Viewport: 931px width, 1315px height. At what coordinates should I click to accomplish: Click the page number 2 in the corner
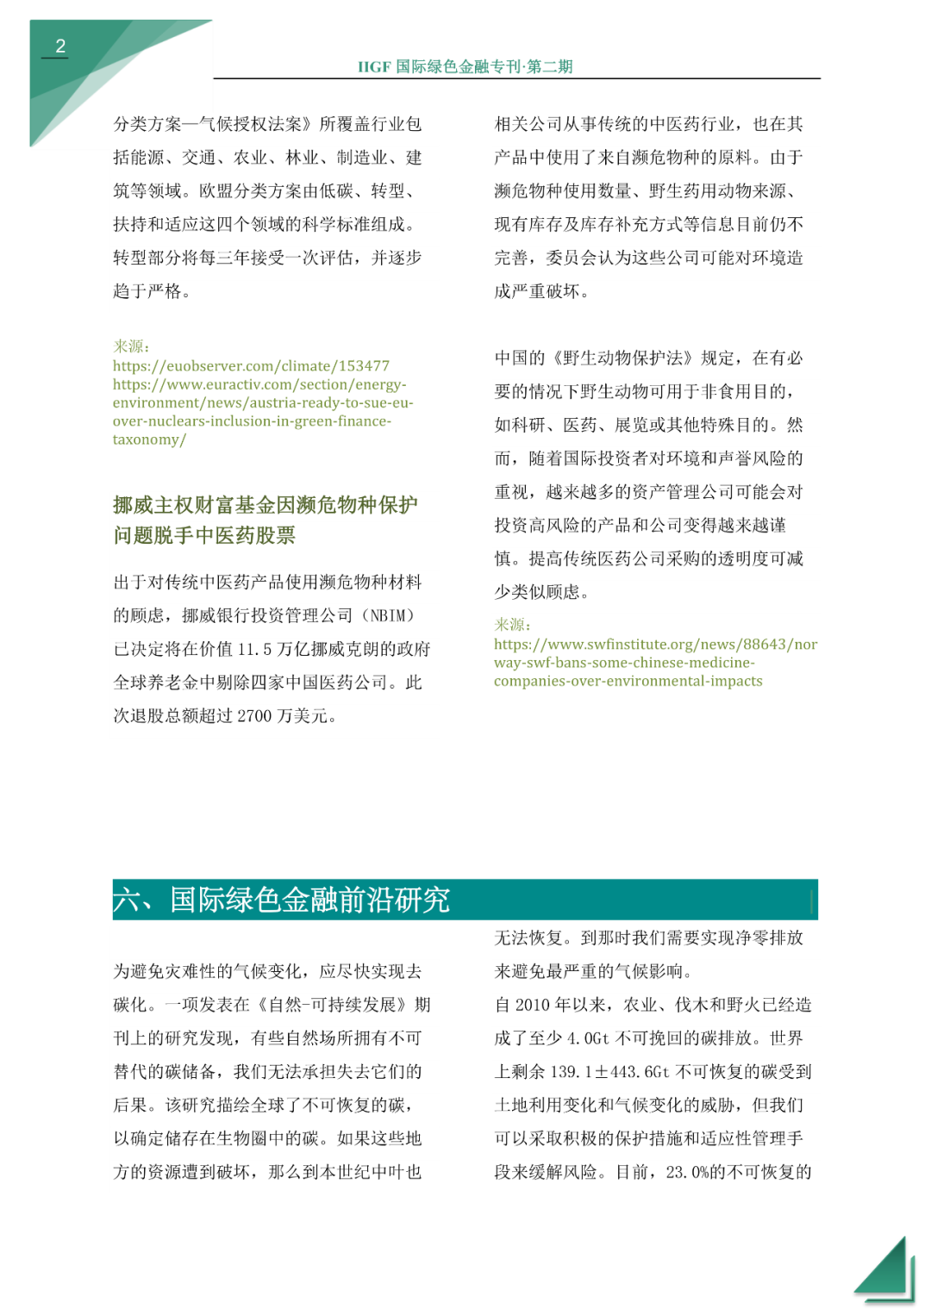tap(60, 47)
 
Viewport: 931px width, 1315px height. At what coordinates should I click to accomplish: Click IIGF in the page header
tap(374, 67)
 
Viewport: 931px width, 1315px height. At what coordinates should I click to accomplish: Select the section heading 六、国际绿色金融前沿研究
tap(281, 900)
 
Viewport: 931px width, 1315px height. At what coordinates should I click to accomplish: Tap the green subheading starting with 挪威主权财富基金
tap(265, 520)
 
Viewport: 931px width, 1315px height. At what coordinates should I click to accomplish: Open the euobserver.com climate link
tap(251, 366)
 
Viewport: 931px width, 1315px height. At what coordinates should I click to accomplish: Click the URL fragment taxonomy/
tap(149, 439)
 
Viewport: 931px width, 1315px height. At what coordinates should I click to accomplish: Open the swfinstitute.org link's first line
tap(655, 645)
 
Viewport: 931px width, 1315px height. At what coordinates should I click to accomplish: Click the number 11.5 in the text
tap(255, 649)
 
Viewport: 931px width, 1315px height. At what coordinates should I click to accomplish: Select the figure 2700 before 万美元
tap(255, 716)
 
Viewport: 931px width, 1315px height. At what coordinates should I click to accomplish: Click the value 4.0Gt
tap(588, 1038)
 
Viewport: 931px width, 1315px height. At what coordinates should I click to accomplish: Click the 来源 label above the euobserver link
tap(131, 346)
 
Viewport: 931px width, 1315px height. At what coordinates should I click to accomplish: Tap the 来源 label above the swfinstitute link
tap(512, 625)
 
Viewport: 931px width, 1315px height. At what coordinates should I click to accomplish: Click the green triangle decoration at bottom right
tap(888, 1271)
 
